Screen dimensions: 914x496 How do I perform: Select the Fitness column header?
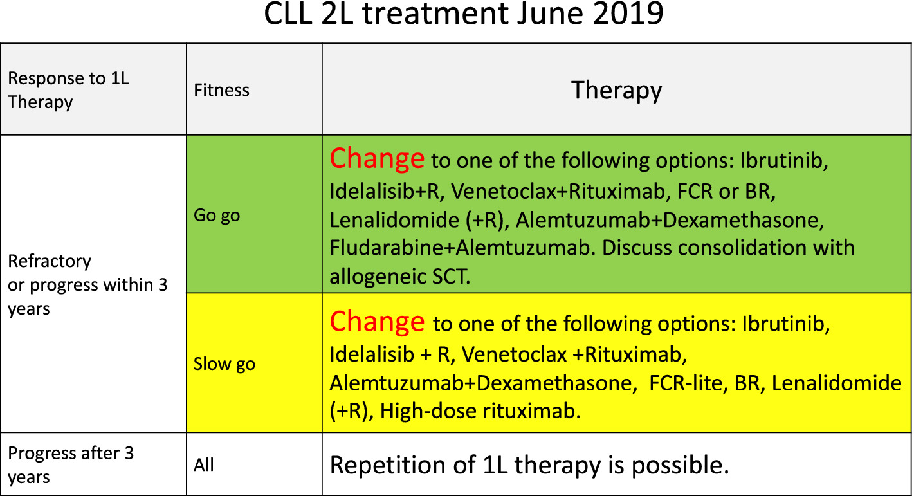pos(221,90)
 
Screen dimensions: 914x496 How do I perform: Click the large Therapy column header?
pos(616,91)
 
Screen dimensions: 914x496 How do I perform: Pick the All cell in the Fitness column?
pos(204,464)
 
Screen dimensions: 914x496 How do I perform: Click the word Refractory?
pos(50,261)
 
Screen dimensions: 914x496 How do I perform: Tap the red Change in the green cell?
pos(377,158)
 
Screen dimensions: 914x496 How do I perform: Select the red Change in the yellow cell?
pos(377,322)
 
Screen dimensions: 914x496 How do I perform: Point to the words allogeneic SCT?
pos(400,277)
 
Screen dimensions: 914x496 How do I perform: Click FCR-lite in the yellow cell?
pos(686,383)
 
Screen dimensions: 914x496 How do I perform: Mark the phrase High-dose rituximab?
pos(480,410)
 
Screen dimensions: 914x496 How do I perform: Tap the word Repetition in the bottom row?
pos(402,465)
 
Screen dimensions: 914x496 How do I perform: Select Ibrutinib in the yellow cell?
pos(786,324)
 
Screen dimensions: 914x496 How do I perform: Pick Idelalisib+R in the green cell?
pos(387,191)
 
